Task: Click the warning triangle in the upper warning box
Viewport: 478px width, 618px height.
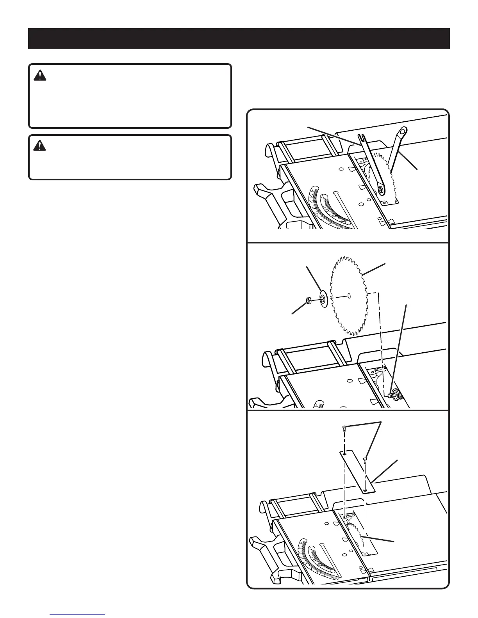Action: (40, 76)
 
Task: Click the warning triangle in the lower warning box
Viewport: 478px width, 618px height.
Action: (40, 146)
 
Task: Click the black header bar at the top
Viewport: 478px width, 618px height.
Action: (239, 38)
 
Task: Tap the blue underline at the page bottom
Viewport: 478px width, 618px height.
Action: (78, 614)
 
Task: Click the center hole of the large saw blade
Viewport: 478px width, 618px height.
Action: (349, 296)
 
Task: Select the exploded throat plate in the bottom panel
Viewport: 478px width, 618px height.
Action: (357, 472)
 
